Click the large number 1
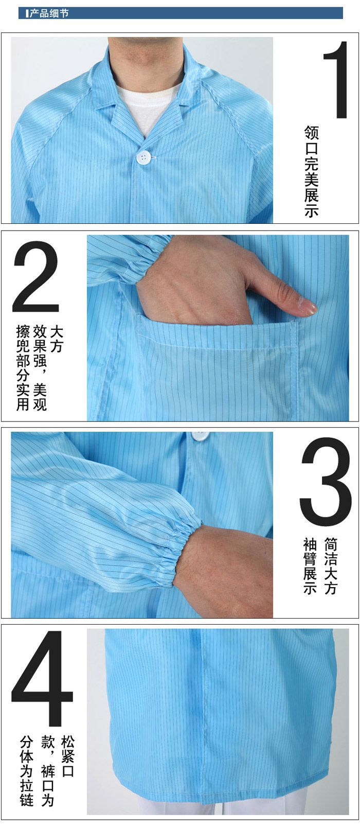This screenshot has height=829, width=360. coord(336,80)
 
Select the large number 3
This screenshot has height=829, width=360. coord(326,482)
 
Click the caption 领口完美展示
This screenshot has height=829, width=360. coord(311,171)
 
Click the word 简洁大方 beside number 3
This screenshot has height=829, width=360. coord(331,566)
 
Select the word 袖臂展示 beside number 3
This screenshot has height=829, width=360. coord(310,566)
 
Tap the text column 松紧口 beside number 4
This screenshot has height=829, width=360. coord(67,756)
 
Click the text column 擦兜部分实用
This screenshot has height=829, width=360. coord(23,367)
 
